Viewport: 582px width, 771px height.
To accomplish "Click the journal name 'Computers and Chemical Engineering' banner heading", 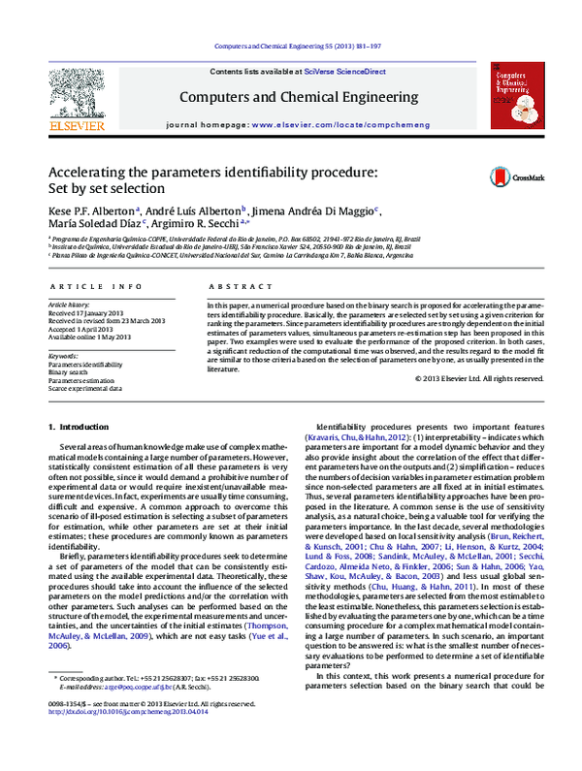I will click(x=297, y=97).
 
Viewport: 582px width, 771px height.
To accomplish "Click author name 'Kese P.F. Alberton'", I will click(x=92, y=210).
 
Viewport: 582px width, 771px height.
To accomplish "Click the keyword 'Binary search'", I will click(x=73, y=371).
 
